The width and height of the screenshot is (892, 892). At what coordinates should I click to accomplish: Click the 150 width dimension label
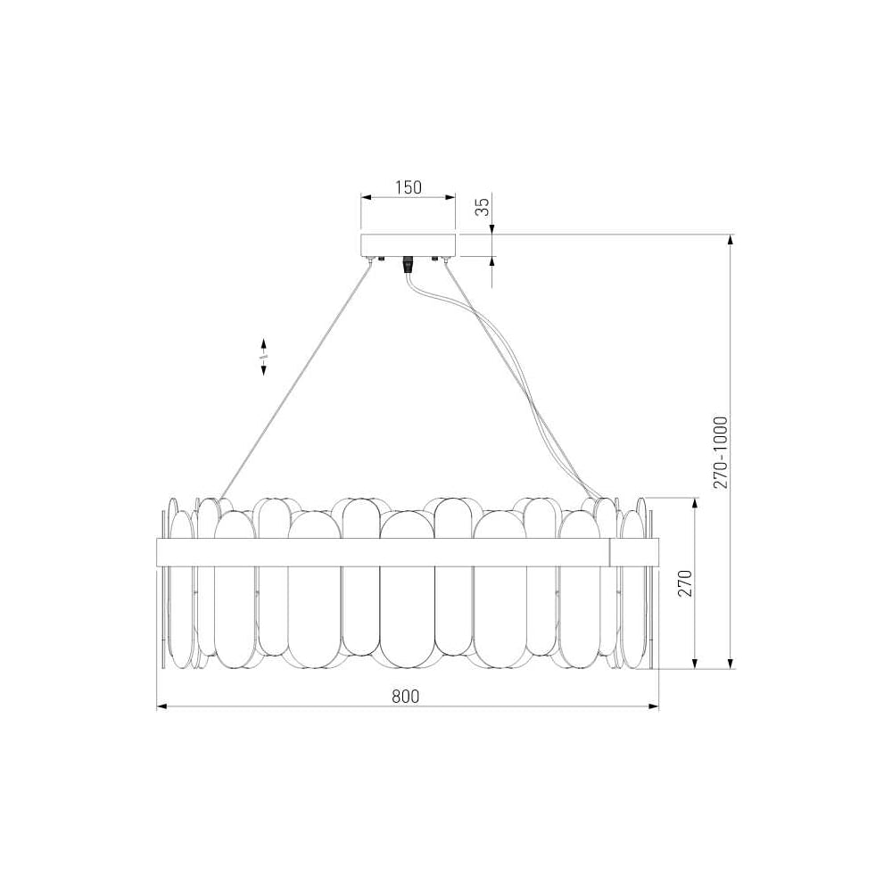click(x=409, y=186)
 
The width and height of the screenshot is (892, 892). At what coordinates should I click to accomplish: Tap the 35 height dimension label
click(x=483, y=207)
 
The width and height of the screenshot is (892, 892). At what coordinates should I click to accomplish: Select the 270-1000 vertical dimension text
click(x=721, y=452)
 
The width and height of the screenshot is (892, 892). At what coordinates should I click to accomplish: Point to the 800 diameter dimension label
click(x=406, y=696)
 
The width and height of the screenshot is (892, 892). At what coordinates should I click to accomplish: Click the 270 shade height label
click(x=685, y=582)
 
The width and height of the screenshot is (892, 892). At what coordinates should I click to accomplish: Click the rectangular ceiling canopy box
click(x=409, y=244)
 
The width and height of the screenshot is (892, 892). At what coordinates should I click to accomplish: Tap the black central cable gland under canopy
click(x=408, y=265)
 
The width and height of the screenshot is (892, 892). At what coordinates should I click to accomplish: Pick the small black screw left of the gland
click(x=381, y=259)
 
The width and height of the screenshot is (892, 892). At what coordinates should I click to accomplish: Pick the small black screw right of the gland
click(x=434, y=259)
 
